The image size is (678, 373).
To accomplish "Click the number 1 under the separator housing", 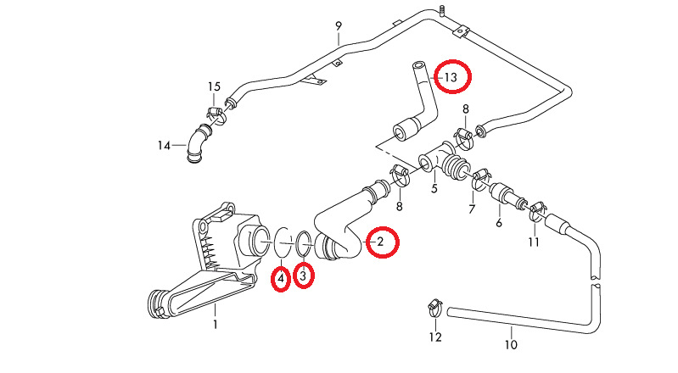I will click(x=215, y=324).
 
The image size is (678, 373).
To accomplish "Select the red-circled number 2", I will click(x=380, y=242).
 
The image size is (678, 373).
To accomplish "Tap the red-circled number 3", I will click(x=305, y=275).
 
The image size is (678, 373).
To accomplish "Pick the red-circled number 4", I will click(x=280, y=277).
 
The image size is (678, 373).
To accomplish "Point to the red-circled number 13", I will click(x=451, y=77).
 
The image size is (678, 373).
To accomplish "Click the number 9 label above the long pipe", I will click(x=338, y=26).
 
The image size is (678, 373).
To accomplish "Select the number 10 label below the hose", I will click(x=511, y=345).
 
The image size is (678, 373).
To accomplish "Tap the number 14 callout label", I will click(x=164, y=146).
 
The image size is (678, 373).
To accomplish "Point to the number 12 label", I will click(x=435, y=337).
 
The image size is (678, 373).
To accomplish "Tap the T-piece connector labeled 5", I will click(x=435, y=160).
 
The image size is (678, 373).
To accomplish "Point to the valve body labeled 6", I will click(x=509, y=197).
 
